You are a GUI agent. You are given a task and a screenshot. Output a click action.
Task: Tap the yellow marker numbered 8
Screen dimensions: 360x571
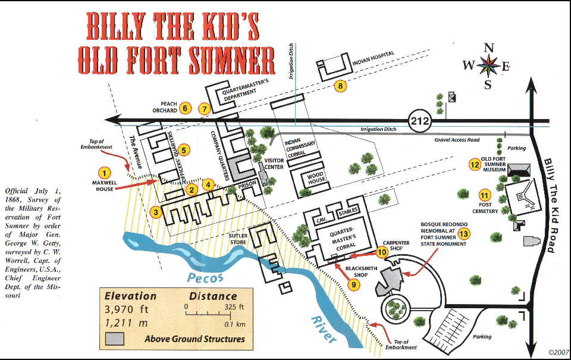340,86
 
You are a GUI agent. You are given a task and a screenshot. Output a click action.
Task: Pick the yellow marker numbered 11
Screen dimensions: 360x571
485,195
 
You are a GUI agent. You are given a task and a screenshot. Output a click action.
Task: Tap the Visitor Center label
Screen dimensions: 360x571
274,163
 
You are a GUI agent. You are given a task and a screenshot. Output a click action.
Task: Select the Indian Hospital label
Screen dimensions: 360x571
374,57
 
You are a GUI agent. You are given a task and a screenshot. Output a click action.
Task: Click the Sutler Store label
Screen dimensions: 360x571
237,239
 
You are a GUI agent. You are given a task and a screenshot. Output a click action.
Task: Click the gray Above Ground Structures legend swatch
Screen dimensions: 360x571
115,339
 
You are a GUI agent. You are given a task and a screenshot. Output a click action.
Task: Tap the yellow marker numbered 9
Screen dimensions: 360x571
354,285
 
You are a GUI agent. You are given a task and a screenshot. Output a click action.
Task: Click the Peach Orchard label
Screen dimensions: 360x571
168,107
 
